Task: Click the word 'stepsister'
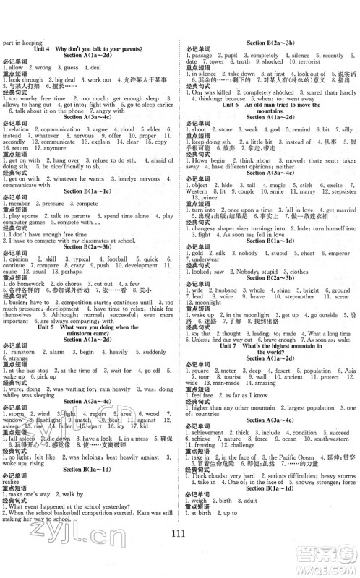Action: click(338, 191)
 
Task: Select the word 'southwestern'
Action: click(333, 438)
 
